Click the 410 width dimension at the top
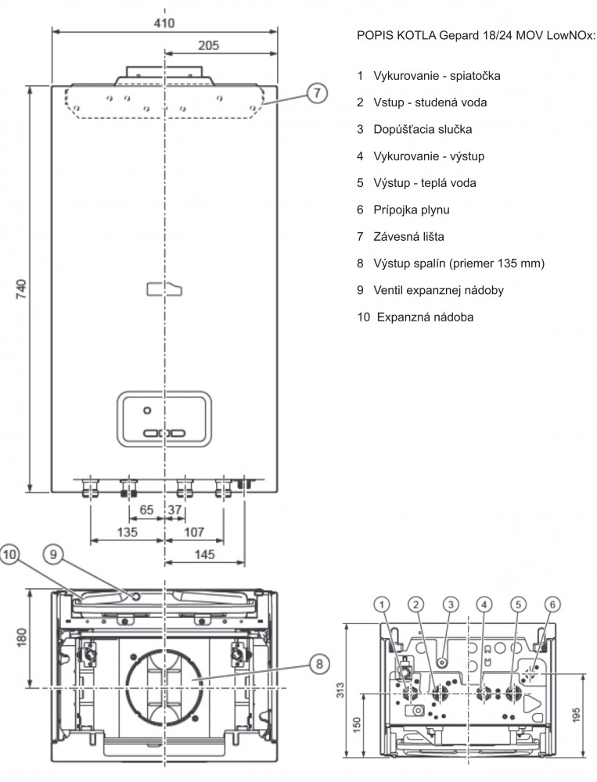point(164,23)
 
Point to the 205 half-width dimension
point(208,45)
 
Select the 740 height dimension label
point(21,289)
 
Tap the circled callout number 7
point(317,93)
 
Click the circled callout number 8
point(319,663)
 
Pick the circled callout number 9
point(53,554)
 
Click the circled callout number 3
point(450,604)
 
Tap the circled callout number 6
point(552,604)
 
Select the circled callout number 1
point(382,604)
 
